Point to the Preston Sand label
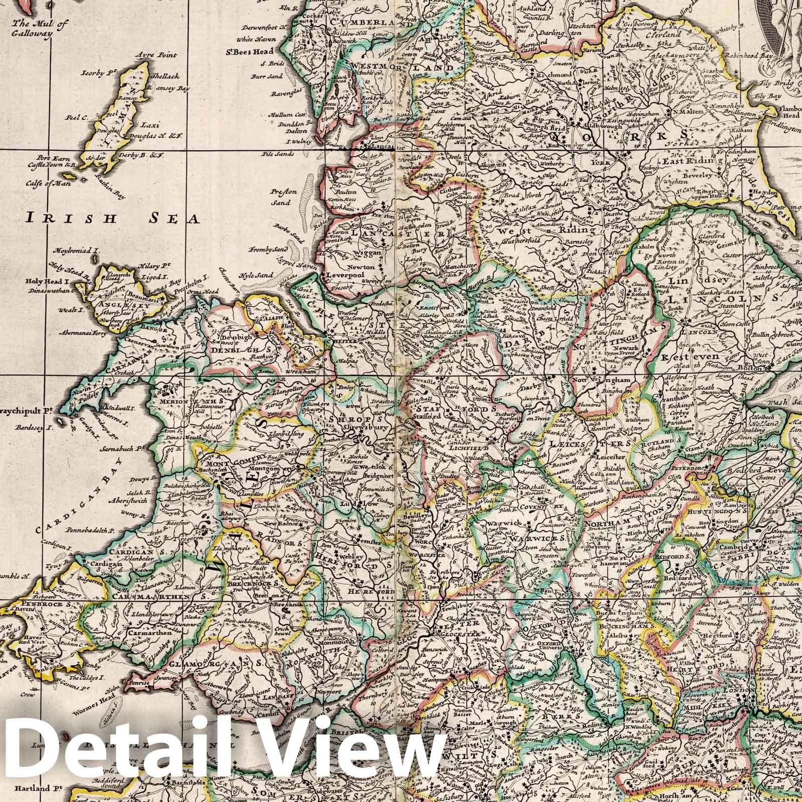coord(284,197)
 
